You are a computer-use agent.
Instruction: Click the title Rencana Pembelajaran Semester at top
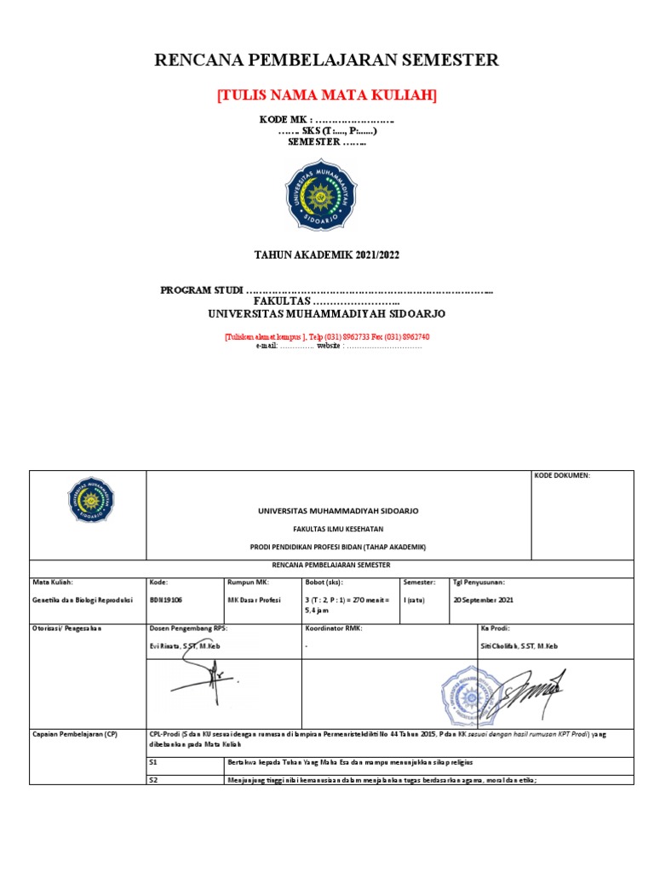point(326,60)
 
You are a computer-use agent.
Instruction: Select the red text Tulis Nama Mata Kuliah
point(326,95)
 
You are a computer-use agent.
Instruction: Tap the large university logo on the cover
point(321,195)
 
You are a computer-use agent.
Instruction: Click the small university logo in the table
point(91,500)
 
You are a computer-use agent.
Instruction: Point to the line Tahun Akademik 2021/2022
point(327,255)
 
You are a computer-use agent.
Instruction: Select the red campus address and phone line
point(327,336)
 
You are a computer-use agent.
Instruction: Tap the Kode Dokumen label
point(562,476)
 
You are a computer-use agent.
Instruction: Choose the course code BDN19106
point(166,600)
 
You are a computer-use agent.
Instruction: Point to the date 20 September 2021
point(483,600)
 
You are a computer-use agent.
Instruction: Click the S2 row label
point(154,779)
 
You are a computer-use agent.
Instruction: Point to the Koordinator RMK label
point(333,628)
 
